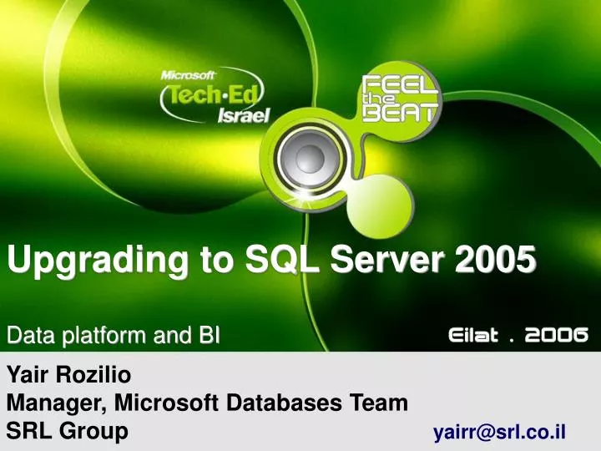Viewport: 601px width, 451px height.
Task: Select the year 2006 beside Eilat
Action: tap(558, 335)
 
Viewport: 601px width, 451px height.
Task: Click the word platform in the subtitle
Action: tap(109, 337)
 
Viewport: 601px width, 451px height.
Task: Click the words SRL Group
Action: tap(68, 431)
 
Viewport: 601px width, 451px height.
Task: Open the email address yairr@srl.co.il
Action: tap(499, 432)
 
